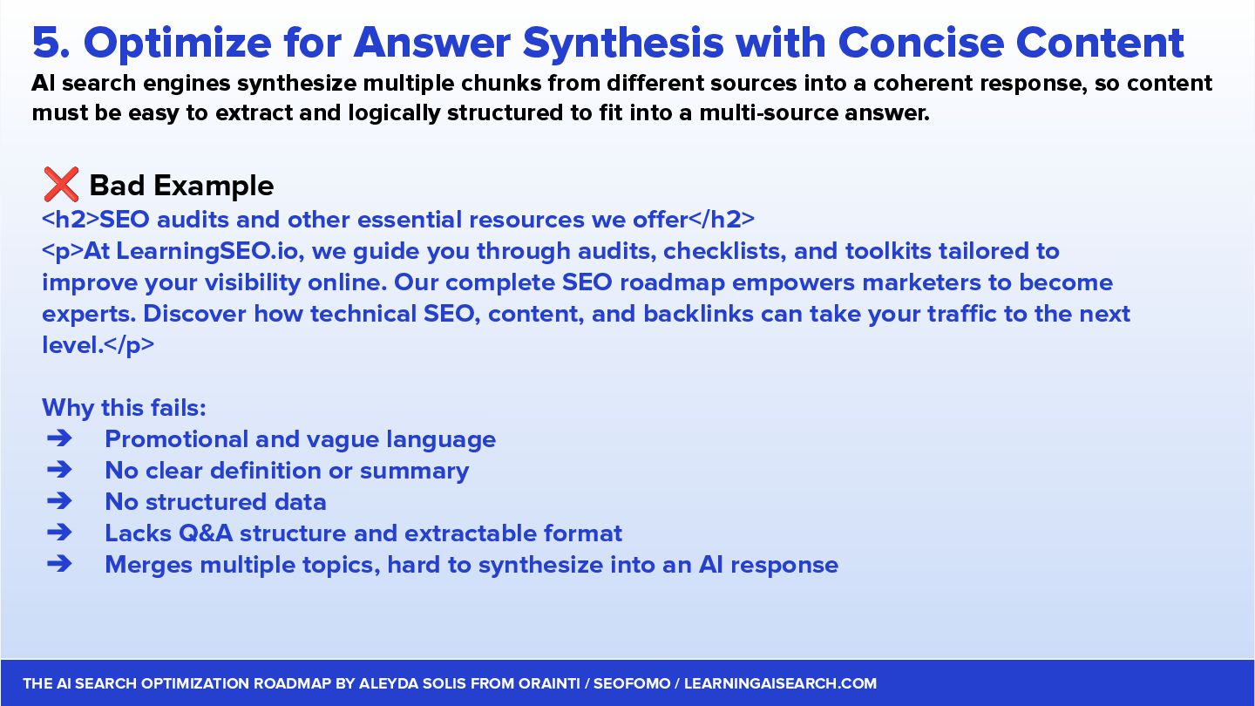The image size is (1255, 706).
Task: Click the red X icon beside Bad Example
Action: point(61,185)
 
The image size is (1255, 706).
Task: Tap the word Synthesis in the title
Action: point(623,44)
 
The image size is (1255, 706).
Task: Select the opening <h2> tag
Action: point(70,220)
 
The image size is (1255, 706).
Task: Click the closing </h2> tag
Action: point(722,220)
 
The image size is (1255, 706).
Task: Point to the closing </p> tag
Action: point(129,345)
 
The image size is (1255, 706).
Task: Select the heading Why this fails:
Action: point(124,408)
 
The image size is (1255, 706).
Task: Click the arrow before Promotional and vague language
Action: point(59,438)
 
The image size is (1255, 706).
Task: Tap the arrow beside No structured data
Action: point(59,501)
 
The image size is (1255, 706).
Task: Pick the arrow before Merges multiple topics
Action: point(59,564)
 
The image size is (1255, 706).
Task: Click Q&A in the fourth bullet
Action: point(205,533)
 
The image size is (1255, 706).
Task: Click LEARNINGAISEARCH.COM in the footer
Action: point(781,683)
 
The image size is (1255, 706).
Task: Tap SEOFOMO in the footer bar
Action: point(632,683)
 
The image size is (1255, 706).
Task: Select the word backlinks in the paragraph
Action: point(698,314)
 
